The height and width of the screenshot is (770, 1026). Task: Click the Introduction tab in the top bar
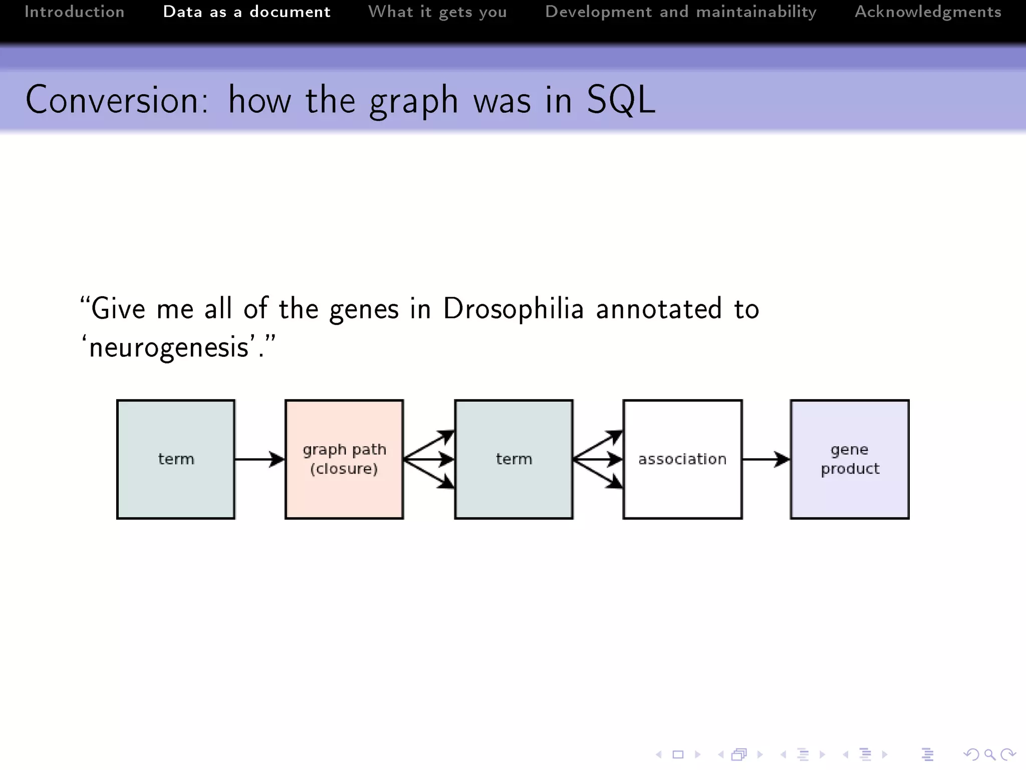[x=74, y=12]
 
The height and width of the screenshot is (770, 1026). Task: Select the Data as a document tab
[x=246, y=12]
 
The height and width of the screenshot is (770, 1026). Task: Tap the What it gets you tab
[x=437, y=12]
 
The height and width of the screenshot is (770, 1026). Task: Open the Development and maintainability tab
[x=680, y=12]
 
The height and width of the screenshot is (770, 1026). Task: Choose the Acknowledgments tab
[x=928, y=12]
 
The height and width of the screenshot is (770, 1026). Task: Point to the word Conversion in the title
[x=116, y=100]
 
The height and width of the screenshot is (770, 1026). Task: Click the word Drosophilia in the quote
[x=513, y=308]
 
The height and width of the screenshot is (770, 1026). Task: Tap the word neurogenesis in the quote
[x=168, y=347]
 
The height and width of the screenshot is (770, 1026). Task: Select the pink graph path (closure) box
[x=344, y=459]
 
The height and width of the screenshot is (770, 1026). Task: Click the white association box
[x=682, y=459]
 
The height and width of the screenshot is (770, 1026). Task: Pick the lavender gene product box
[x=850, y=459]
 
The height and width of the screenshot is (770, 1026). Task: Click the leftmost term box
[x=175, y=459]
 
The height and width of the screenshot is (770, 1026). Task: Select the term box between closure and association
[x=514, y=459]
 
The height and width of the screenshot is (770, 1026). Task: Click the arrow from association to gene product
[x=765, y=459]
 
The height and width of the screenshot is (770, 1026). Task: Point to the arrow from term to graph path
[x=259, y=459]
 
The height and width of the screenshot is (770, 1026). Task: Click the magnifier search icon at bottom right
[x=989, y=754]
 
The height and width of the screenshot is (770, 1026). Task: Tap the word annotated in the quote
[x=658, y=308]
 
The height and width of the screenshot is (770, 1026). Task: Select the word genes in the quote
[x=364, y=309]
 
